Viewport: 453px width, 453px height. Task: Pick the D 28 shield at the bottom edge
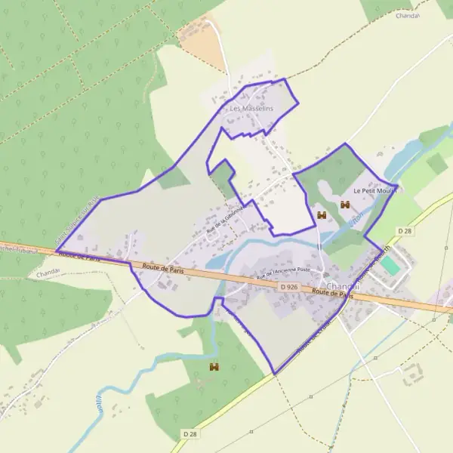point(191,434)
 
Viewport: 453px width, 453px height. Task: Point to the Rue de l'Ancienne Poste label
point(283,274)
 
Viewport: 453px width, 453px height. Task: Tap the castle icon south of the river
point(214,367)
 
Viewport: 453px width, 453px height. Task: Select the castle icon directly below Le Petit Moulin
point(345,205)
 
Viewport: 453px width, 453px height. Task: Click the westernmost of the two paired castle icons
point(322,216)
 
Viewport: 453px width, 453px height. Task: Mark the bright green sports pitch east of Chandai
point(390,266)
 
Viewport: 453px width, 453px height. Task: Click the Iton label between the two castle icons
point(356,216)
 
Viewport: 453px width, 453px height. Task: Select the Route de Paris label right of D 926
point(333,294)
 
